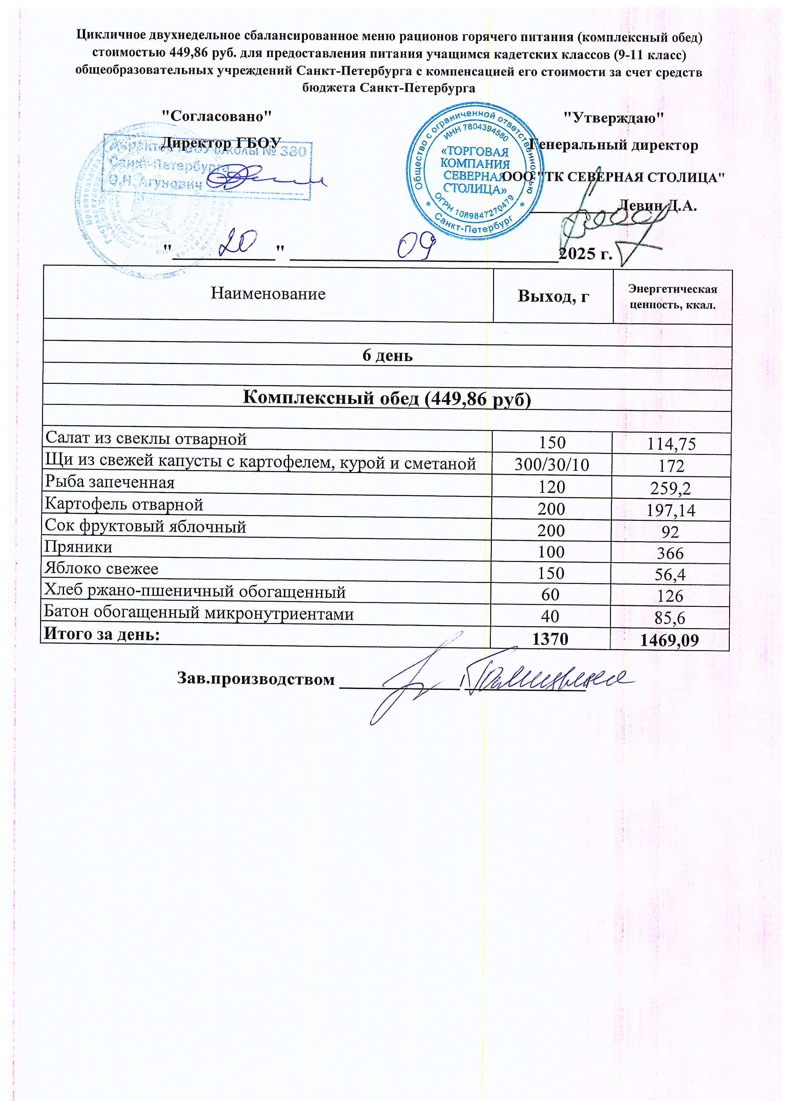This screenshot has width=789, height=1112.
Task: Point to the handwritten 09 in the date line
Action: (415, 245)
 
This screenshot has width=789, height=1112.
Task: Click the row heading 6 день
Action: (387, 355)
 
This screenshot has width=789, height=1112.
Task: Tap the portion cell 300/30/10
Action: (552, 465)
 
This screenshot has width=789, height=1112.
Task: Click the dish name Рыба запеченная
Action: (110, 482)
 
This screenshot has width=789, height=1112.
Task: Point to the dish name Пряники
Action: (78, 547)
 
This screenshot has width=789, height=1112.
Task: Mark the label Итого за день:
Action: (102, 634)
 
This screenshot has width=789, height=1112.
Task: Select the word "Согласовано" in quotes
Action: (216, 116)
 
